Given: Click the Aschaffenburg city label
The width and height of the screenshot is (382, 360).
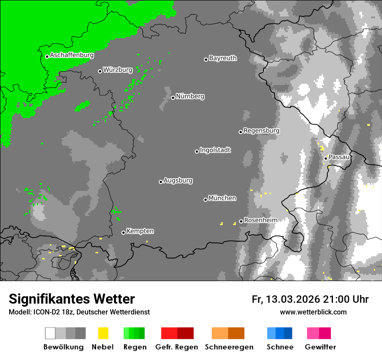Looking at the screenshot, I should coord(72,56).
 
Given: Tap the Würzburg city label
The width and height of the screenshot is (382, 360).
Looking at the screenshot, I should coord(118,70).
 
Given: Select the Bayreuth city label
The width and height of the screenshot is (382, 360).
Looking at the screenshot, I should coord(223,58).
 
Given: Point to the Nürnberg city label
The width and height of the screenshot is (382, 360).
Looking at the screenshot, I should coord(190,96).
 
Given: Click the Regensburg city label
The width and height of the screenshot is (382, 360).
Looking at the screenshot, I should coord(261,131).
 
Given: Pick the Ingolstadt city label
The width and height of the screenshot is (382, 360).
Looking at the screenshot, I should coord(215,151).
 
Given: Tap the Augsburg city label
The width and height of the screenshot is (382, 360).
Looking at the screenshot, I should coord(178,180).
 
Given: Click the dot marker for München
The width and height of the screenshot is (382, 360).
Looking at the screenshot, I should coord(205,200).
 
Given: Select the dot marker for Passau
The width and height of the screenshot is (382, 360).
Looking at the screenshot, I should coord(326,158).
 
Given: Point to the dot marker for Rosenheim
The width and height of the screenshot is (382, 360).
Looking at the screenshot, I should coord(241,222).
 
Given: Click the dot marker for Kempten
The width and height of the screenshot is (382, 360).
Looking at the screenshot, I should coord(123,233).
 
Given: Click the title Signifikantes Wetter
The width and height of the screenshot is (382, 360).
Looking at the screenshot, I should coord(72,299).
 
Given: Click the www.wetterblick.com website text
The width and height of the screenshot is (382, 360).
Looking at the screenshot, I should coord(313,312).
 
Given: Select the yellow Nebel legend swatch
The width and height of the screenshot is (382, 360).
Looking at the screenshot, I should coord(103,333).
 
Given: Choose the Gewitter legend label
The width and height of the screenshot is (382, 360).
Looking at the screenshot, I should coord(320,347).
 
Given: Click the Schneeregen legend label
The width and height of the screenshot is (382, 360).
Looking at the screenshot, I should coord(229,347).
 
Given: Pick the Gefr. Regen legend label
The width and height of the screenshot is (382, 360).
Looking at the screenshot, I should coord(177,347).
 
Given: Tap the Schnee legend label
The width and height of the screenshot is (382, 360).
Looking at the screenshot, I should coord(280,347).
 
